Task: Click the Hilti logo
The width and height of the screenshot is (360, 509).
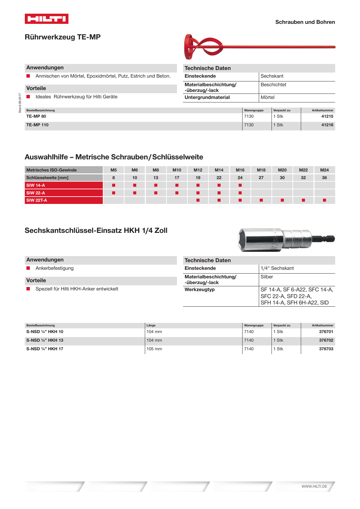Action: [46, 19]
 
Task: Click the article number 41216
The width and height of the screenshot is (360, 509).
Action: [327, 125]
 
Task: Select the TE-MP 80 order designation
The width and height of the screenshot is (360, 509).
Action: [36, 116]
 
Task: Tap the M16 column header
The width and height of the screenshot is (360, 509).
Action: [240, 170]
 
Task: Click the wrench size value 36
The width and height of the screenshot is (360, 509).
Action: [324, 178]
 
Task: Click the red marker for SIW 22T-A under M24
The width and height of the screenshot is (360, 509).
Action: [324, 200]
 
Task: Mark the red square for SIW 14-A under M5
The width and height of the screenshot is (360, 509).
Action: [114, 185]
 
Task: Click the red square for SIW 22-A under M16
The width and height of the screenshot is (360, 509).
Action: [240, 193]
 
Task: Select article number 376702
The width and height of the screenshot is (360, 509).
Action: [326, 340]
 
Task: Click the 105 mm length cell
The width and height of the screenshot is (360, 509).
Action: [154, 349]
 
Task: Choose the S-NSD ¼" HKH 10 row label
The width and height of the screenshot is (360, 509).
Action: [45, 332]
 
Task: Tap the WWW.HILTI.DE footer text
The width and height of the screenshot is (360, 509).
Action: [314, 486]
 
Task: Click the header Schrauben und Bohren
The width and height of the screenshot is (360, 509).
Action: [305, 22]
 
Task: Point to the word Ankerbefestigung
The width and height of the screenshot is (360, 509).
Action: [54, 268]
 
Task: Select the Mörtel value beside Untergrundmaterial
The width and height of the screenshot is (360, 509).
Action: [267, 98]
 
